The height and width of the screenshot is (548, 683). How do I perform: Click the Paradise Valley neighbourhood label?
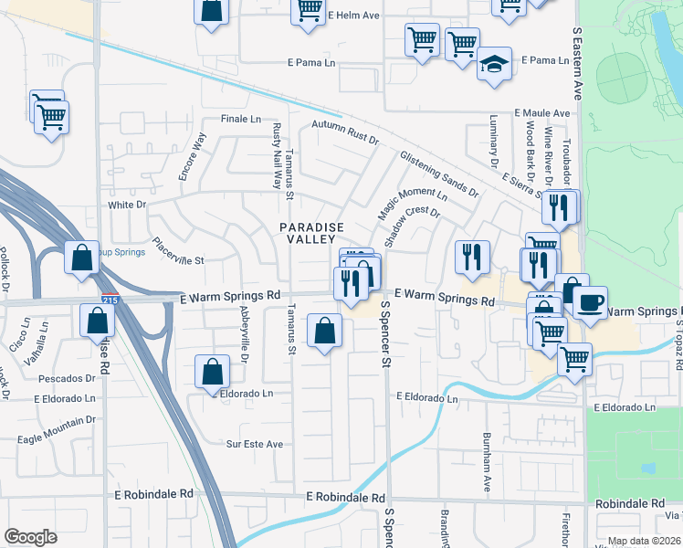[x=311, y=233]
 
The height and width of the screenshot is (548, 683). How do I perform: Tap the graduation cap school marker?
[x=494, y=66]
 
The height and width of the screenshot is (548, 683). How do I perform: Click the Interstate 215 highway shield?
[x=110, y=299]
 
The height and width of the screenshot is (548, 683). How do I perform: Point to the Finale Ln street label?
[x=241, y=120]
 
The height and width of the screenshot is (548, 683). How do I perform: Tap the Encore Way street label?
[x=193, y=158]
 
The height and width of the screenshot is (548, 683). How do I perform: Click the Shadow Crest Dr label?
[x=413, y=228]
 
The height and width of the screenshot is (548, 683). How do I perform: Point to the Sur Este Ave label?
[x=255, y=444]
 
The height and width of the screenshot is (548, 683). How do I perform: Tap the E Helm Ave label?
[x=352, y=16]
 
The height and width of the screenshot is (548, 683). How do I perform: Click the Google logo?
[x=30, y=537]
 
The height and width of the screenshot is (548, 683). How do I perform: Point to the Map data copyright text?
[x=642, y=541]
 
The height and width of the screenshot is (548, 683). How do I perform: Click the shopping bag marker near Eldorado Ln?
[x=212, y=371]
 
